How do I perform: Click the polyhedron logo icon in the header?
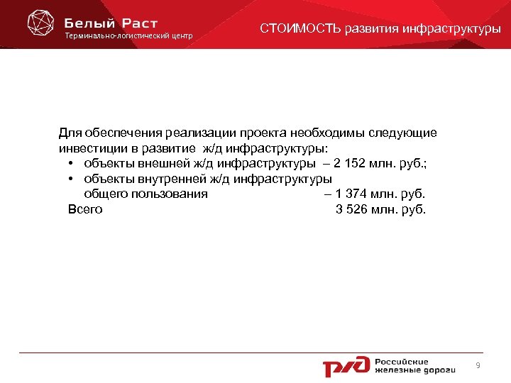pos(40,23)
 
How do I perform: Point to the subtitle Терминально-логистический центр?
pos(128,36)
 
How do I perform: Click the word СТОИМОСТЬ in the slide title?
pos(301,29)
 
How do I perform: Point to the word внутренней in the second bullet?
pos(164,179)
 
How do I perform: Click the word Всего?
pos(85,209)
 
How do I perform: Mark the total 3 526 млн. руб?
pos(380,209)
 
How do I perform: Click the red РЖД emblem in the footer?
pos(346,365)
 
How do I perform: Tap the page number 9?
pos(478,365)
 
